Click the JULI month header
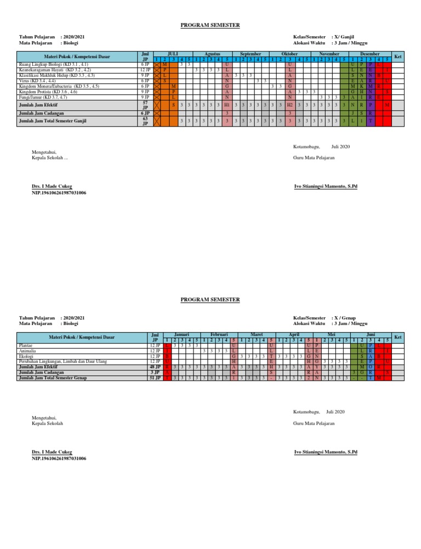point(172,55)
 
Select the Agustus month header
point(212,55)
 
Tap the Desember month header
point(371,55)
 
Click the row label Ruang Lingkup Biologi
point(49,65)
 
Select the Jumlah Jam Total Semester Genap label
point(60,378)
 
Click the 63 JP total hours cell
point(145,121)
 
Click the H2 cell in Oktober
point(289,104)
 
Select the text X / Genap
point(344,318)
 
